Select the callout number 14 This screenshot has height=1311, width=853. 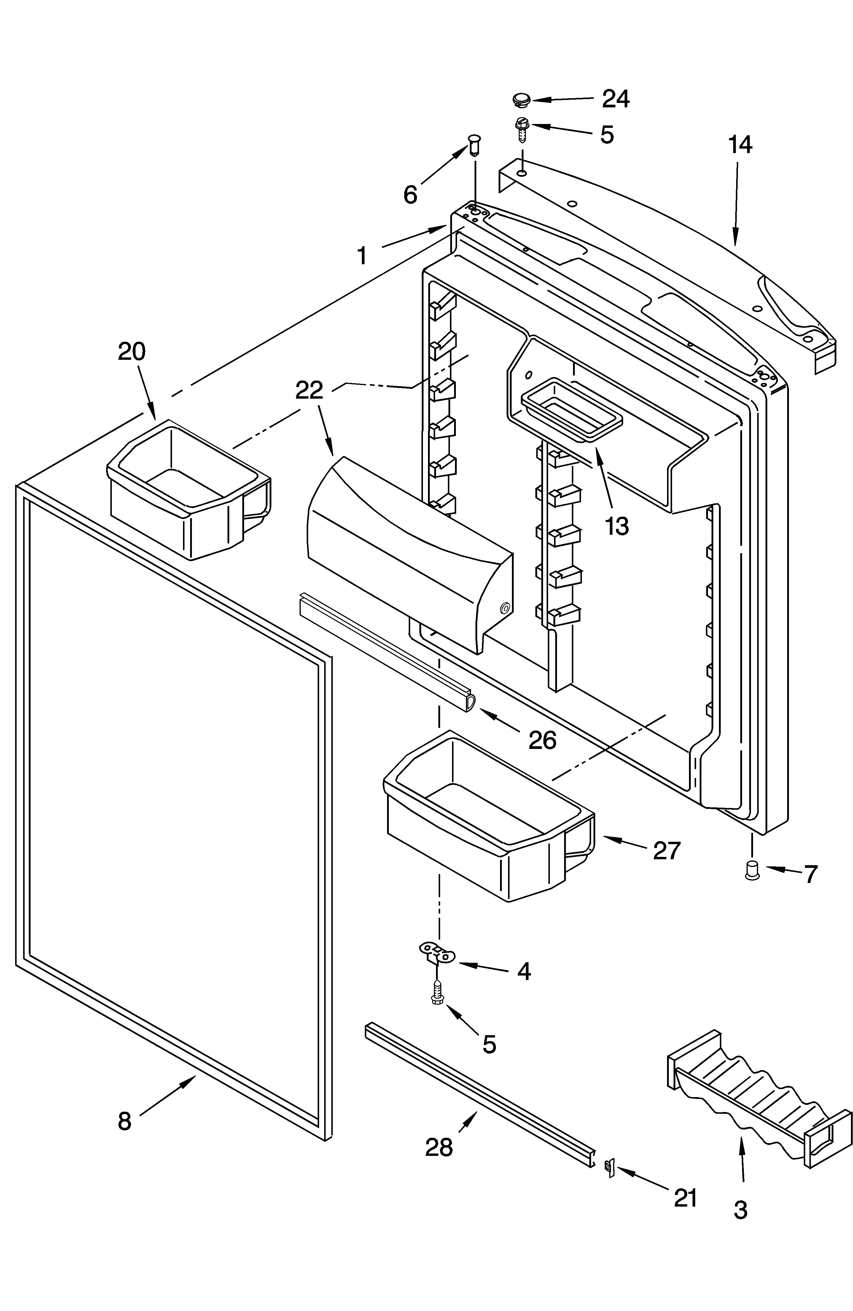[x=740, y=145]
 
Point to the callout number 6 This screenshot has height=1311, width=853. [x=410, y=195]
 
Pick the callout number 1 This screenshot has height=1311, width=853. [x=362, y=256]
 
